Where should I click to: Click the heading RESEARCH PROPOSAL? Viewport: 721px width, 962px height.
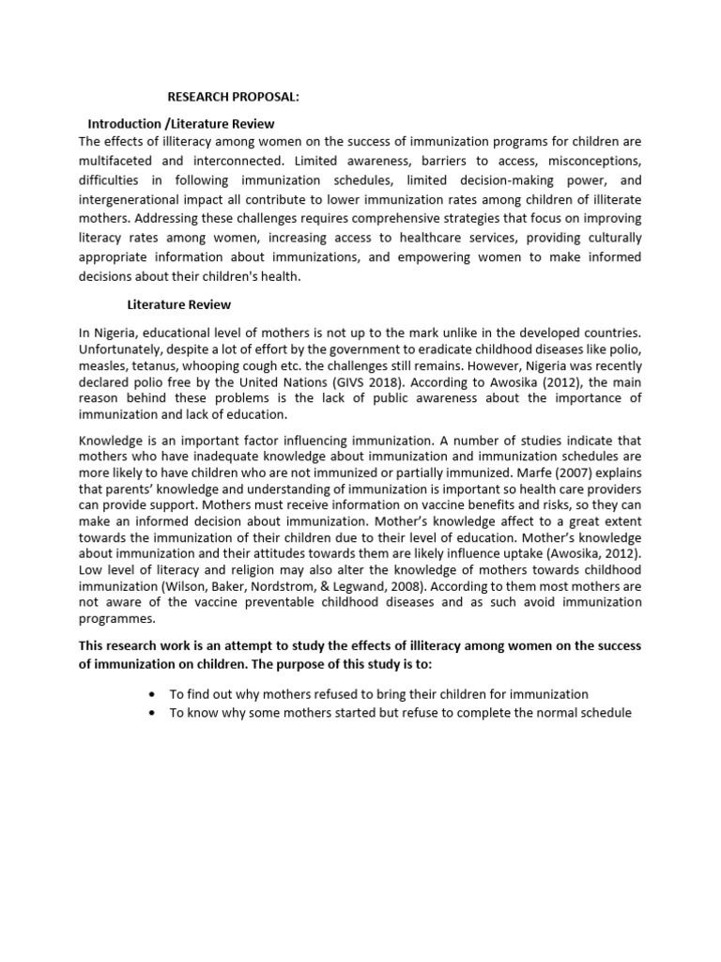click(234, 97)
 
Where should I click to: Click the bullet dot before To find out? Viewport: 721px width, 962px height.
click(151, 694)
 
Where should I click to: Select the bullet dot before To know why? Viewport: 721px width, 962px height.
click(151, 713)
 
